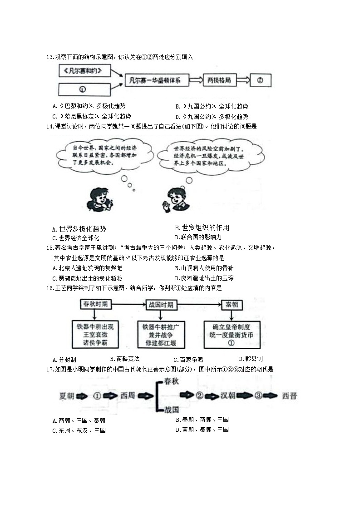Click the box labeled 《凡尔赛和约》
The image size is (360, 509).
84,70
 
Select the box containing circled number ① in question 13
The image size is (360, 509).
84,89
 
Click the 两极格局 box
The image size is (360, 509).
219,80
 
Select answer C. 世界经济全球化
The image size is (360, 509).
76,238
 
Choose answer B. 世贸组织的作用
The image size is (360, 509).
202,228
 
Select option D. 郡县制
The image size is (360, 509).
251,359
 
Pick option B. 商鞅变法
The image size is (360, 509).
125,359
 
